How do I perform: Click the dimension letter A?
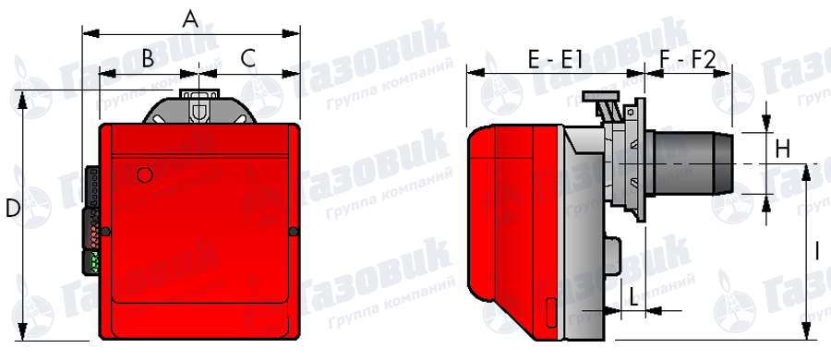190,19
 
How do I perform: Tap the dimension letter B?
148,58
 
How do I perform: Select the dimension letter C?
248,58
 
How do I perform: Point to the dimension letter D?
12,209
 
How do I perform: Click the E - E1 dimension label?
555,60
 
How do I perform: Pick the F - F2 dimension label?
688,60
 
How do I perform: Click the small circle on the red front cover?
145,174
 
